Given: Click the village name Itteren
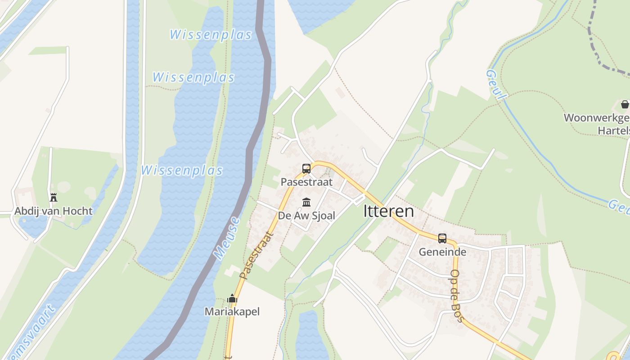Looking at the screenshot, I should click(388, 211).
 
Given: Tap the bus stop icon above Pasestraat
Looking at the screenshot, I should click(306, 169).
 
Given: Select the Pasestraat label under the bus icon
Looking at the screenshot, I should click(306, 182).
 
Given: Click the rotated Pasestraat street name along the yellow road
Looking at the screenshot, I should click(256, 255).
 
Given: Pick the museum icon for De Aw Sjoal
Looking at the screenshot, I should click(306, 202).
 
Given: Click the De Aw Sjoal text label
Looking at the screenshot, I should click(306, 216).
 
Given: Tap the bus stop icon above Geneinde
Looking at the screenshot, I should click(442, 238).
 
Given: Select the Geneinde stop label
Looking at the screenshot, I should click(442, 252).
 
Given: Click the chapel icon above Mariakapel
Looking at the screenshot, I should click(232, 298).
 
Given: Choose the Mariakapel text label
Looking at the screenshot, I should click(232, 311).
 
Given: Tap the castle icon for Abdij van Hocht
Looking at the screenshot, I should click(54, 197).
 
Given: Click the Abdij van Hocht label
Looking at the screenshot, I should click(54, 211).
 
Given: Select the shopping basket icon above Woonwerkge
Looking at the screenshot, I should click(625, 105).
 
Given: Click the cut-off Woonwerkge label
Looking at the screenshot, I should click(597, 118).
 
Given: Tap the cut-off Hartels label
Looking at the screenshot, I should click(613, 130).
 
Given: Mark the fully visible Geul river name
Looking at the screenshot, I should click(496, 85).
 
